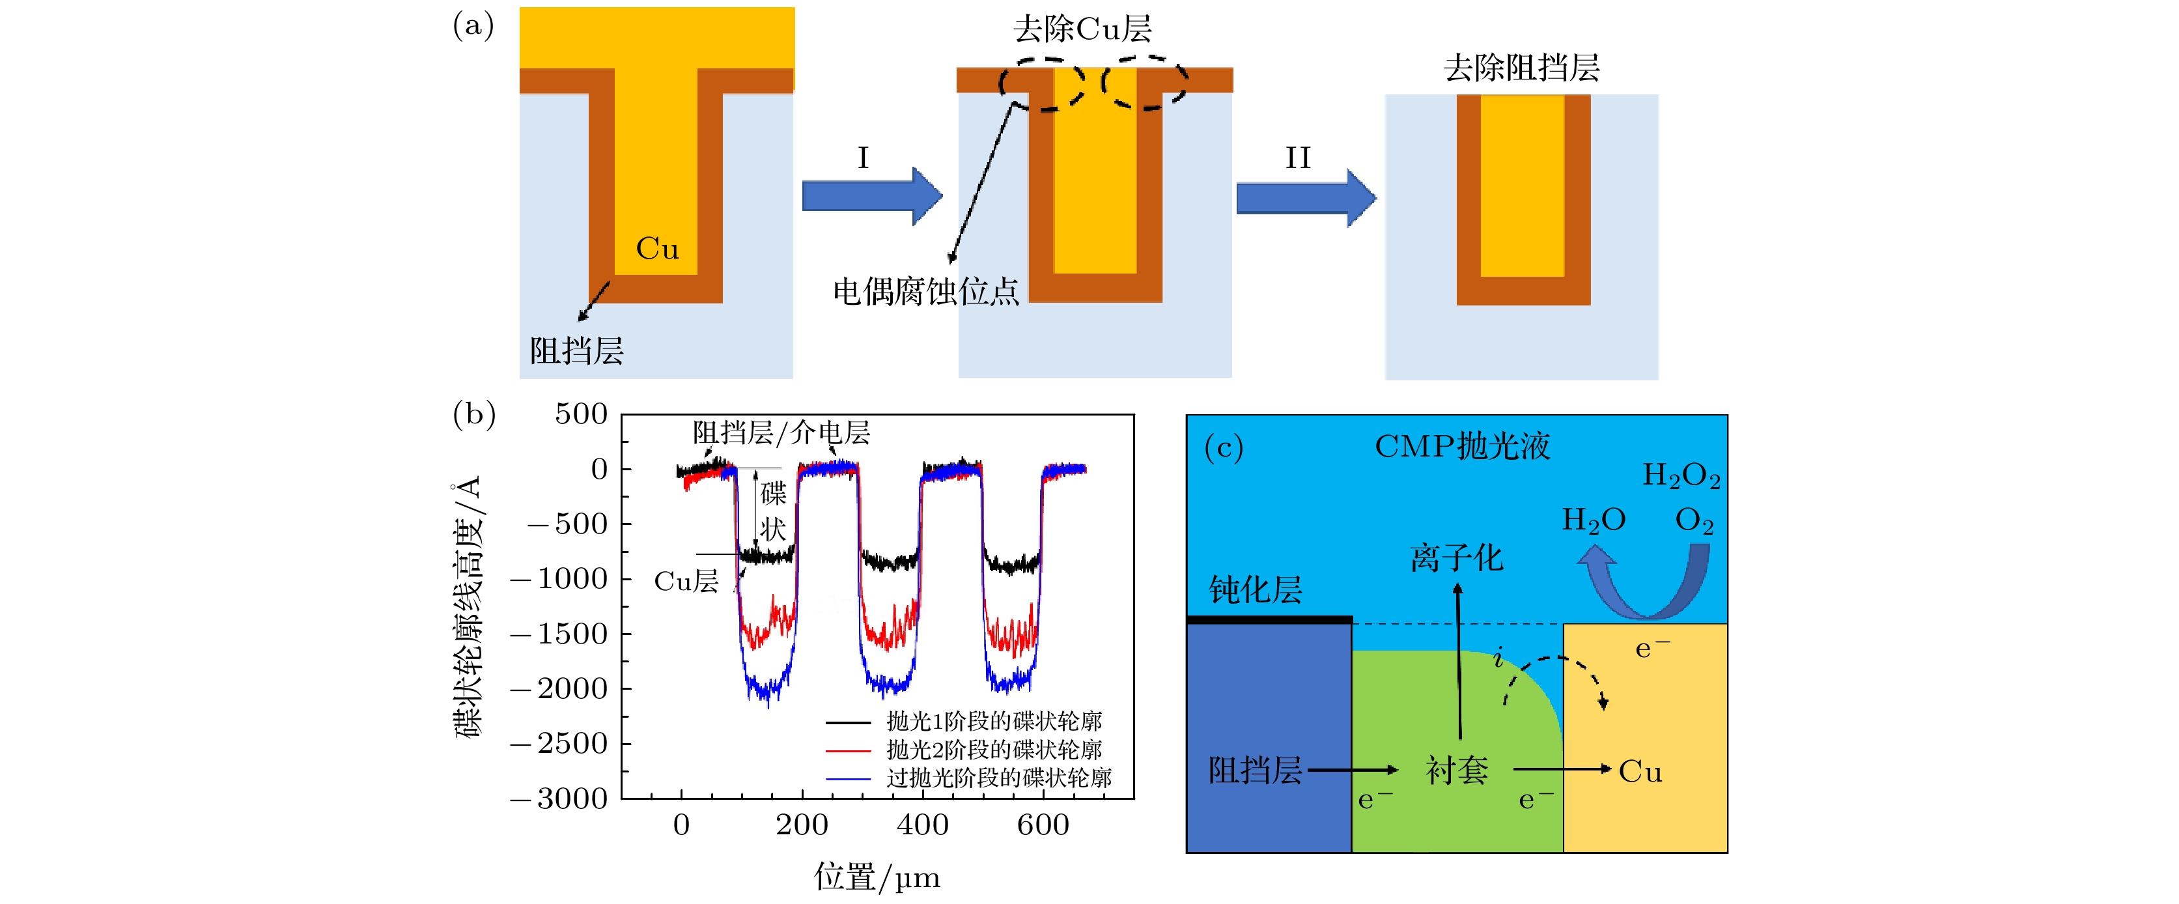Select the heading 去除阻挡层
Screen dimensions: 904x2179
pos(1521,68)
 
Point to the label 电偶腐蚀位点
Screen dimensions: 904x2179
pos(925,292)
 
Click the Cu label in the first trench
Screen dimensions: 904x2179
pos(657,249)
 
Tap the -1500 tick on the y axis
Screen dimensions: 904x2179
pos(559,634)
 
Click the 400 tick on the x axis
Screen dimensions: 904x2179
pos(922,825)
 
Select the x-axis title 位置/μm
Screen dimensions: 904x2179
pos(877,877)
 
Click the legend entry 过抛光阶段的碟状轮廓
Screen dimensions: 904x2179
pos(998,778)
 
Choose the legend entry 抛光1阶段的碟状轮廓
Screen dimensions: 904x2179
pos(994,722)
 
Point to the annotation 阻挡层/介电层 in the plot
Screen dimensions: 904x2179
pos(781,433)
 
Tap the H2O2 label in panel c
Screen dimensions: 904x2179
pos(1680,476)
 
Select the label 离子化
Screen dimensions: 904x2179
pos(1457,558)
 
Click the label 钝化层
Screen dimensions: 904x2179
pos(1256,590)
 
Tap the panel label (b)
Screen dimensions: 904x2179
pos(473,414)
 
